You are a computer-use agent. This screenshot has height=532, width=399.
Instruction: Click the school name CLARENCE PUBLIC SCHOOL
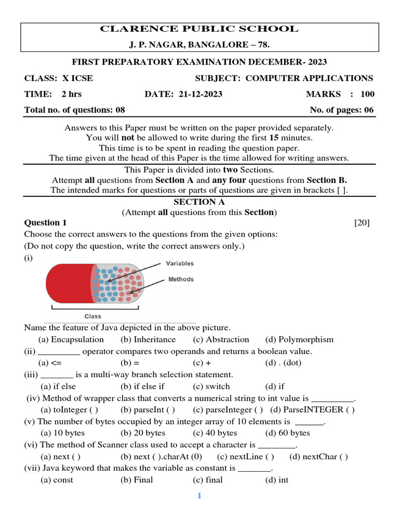coord(199,29)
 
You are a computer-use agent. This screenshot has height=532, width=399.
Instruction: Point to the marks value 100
coord(367,94)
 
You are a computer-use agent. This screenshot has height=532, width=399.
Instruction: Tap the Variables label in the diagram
coord(180,263)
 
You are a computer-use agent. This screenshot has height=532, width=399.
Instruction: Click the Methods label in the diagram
coord(181,279)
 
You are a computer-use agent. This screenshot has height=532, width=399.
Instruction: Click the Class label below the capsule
coord(93,316)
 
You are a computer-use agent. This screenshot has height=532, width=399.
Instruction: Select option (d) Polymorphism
coord(299,340)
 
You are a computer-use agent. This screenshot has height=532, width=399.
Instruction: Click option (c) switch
coord(211,387)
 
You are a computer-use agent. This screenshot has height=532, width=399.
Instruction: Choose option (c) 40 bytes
coord(215,433)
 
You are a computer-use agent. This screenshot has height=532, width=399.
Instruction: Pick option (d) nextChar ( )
coord(318,457)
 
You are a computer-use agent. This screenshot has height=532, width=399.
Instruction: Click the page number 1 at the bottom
coord(199,496)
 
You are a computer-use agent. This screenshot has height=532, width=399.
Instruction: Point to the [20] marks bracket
coord(362,223)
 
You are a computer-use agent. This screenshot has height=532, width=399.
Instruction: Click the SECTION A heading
coord(199,202)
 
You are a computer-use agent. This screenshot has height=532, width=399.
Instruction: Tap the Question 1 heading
coord(46,223)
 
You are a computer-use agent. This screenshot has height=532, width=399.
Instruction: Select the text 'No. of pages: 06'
coord(341,110)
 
